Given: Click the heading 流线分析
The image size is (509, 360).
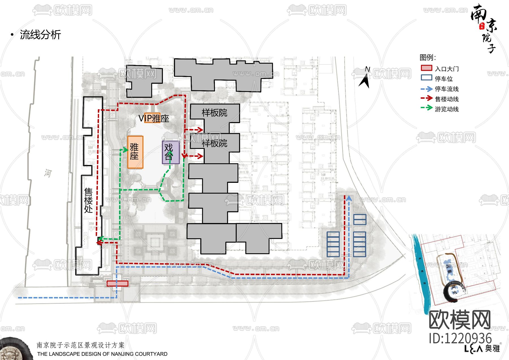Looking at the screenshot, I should point(40,35).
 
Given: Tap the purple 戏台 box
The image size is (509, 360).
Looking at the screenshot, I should point(171,152).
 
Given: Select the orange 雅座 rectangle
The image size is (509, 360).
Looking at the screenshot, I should point(135,152).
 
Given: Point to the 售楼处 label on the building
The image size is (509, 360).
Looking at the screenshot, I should point(88,200).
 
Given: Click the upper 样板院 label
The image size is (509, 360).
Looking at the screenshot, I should point(214,113).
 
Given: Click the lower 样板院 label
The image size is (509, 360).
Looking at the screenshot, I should point(214,143).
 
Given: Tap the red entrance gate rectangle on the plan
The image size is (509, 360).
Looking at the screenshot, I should point(117,283).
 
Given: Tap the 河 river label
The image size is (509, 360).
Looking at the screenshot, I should point(48,173).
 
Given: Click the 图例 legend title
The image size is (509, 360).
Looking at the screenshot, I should point(427,57).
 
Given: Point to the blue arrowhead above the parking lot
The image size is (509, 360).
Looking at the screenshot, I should point(349,198).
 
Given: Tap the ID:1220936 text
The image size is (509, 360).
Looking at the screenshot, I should point(460,338).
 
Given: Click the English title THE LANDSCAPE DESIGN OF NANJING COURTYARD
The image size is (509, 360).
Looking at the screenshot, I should point(102,354).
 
